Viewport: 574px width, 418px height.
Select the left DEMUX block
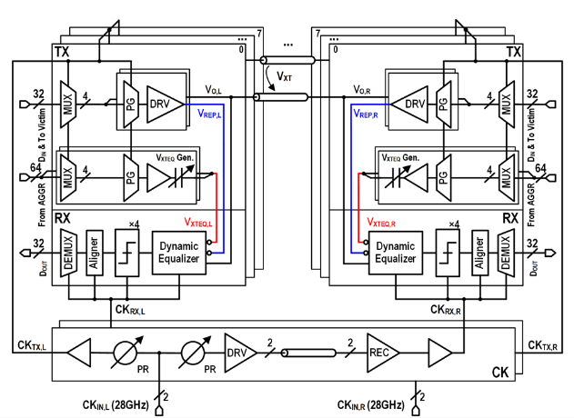pos(66,251)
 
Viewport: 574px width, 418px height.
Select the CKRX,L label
pos(134,310)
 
